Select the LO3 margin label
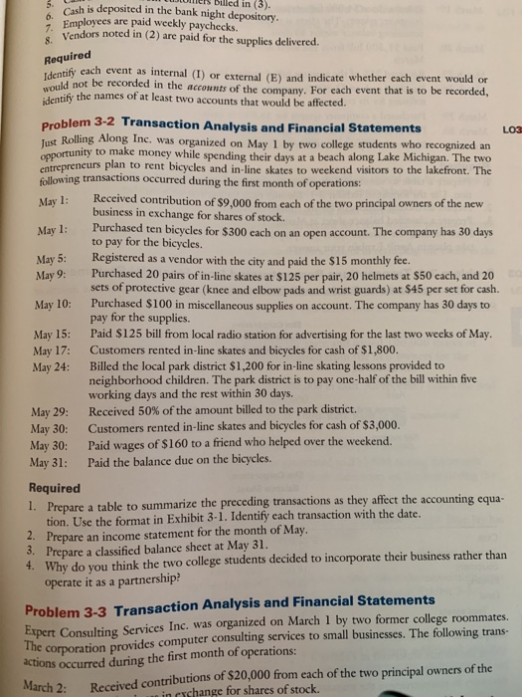tap(508, 130)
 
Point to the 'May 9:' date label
tap(50, 274)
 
